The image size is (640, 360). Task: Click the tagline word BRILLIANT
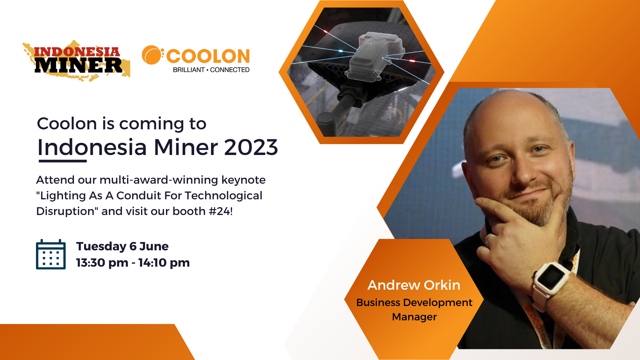[x=189, y=70]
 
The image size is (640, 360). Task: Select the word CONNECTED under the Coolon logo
[x=230, y=70]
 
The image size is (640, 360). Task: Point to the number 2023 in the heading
[x=251, y=147]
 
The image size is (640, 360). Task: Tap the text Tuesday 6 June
[x=122, y=246]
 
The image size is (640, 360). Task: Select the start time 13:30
[x=91, y=263]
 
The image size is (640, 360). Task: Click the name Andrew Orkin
[x=414, y=285]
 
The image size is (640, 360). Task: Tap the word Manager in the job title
[x=414, y=317]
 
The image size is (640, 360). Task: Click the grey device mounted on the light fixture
[x=376, y=56]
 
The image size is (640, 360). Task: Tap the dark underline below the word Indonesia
[x=63, y=161]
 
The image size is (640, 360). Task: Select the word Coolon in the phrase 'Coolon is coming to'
[x=67, y=124]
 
